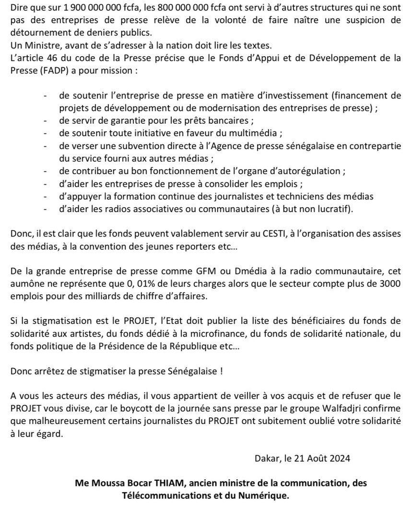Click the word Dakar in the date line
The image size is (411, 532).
tap(267, 458)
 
